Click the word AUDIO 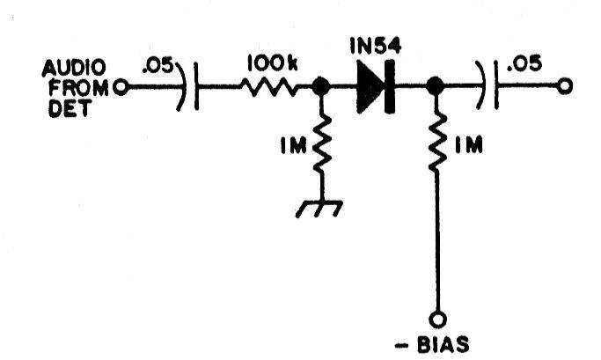coord(74,69)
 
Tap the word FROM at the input coord(78,88)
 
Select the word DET coord(70,107)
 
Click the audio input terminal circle coord(121,88)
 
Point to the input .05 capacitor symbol coord(187,86)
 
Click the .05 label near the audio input coord(158,65)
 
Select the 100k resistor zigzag coord(268,87)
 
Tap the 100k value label coord(273,62)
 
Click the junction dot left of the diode coord(321,86)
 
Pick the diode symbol coord(376,86)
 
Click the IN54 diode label coord(376,46)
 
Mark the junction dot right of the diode coord(435,85)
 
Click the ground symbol coord(319,209)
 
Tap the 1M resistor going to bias coord(437,142)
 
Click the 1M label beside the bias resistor coord(468,146)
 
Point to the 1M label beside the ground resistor coord(294,146)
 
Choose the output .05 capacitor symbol coord(487,85)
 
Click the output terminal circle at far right coord(565,86)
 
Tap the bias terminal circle coord(438,319)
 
